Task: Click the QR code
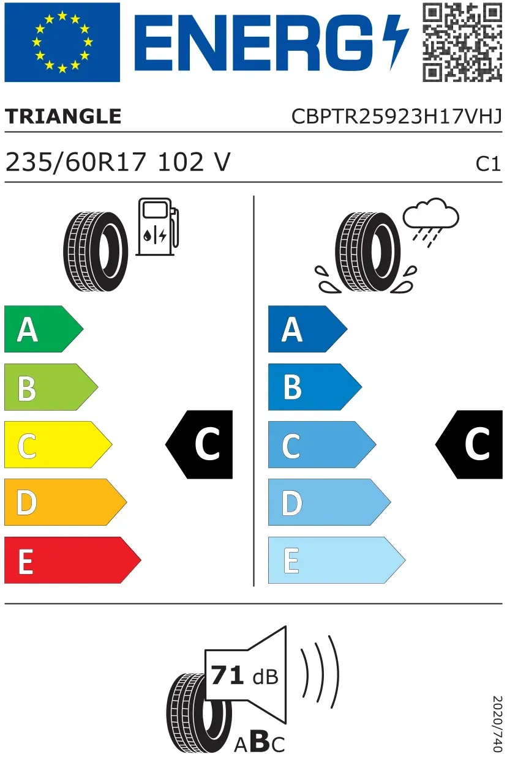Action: pyautogui.click(x=462, y=42)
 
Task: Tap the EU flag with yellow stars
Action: pyautogui.click(x=62, y=42)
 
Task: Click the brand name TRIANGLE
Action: pyautogui.click(x=63, y=116)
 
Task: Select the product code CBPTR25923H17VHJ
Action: pyautogui.click(x=397, y=116)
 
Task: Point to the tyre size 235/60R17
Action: pyautogui.click(x=76, y=162)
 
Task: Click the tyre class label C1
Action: pyautogui.click(x=488, y=164)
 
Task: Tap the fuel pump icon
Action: pyautogui.click(x=157, y=227)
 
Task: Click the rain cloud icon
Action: pyautogui.click(x=430, y=222)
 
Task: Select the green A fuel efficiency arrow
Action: pyautogui.click(x=43, y=329)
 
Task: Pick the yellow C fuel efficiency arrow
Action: pyautogui.click(x=58, y=444)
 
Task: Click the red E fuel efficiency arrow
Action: pyautogui.click(x=72, y=560)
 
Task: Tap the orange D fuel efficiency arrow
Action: pyautogui.click(x=66, y=502)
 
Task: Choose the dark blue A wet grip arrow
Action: pyautogui.click(x=307, y=329)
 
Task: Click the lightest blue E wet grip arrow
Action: pyautogui.click(x=337, y=560)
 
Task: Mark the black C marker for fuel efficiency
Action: pyautogui.click(x=199, y=444)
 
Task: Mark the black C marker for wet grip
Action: pyautogui.click(x=469, y=444)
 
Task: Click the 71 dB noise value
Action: pyautogui.click(x=244, y=676)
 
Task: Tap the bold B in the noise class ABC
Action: pyautogui.click(x=260, y=741)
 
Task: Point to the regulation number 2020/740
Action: pyautogui.click(x=497, y=723)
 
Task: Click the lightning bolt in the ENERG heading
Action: pyautogui.click(x=396, y=42)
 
